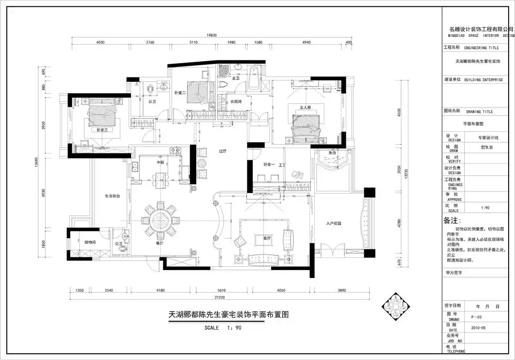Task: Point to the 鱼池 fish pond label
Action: click(332, 153)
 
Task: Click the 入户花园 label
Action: click(334, 223)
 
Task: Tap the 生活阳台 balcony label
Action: click(112, 196)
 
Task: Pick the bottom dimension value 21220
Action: click(219, 297)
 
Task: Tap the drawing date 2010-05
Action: click(478, 328)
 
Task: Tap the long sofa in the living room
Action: click(261, 259)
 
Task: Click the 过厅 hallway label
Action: click(222, 152)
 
